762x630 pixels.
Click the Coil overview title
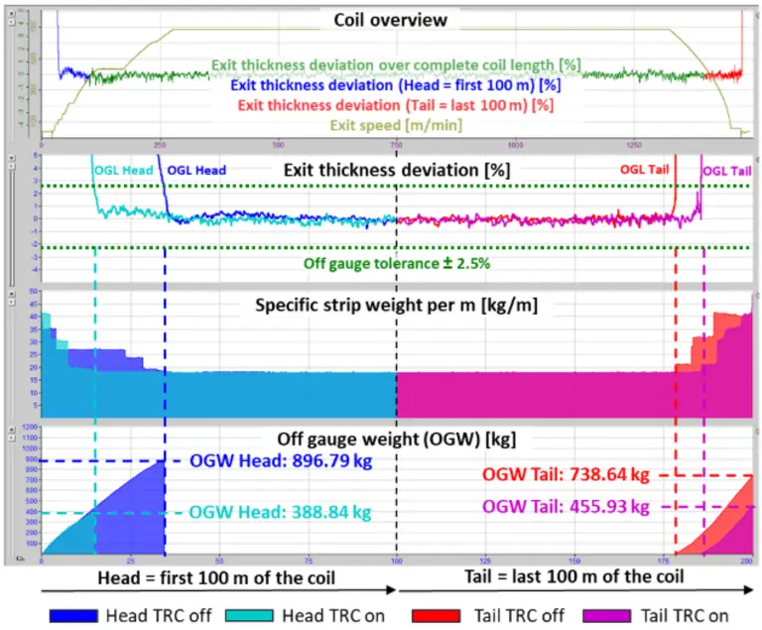391,20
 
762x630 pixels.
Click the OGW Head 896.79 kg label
280,460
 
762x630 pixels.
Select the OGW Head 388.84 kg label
280,512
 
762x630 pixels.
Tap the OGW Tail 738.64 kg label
566,474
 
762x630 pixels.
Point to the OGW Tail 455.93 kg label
566,506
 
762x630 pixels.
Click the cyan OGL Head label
123,171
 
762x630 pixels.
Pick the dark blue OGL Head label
196,171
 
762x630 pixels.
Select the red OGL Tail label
645,170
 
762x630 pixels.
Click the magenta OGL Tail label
726,171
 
